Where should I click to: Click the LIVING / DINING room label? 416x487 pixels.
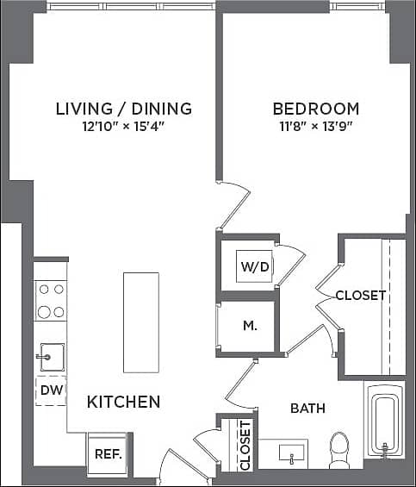123,109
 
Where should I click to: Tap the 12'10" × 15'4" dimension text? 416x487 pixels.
123,127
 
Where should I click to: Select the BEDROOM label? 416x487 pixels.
315,109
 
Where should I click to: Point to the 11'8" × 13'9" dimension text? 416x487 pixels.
315,127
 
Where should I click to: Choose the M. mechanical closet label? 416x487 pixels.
250,326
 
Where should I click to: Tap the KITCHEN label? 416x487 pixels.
123,402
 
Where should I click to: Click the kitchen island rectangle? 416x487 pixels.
140,322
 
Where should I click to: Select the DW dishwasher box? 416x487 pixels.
50,390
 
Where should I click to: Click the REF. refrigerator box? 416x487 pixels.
108,454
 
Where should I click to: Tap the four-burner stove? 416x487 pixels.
50,302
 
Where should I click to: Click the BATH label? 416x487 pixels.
307,408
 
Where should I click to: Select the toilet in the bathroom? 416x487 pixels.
339,448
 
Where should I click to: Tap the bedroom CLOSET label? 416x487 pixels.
360,296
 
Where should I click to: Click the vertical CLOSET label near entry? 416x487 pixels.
245,446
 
